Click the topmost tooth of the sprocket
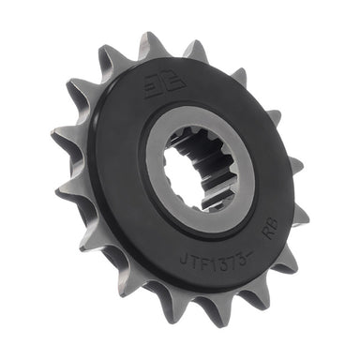151,42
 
